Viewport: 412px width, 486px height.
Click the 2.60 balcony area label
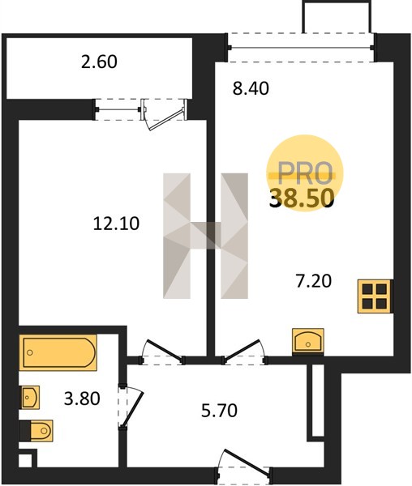click(x=99, y=62)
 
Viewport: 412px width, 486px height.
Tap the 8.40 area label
click(x=251, y=88)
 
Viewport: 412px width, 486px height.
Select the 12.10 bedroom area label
click(x=116, y=224)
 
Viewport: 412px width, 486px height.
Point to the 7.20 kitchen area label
click(x=314, y=281)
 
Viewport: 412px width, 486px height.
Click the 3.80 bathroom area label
click(x=82, y=399)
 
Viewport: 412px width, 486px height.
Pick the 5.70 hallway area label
click(x=219, y=411)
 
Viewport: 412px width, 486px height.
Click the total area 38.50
click(x=302, y=198)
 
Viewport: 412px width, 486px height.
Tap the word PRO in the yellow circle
click(x=305, y=173)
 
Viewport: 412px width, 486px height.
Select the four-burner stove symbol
click(x=375, y=296)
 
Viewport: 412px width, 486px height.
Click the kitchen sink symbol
click(x=308, y=341)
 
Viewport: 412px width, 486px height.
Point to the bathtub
click(x=58, y=352)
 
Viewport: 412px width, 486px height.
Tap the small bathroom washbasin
click(x=29, y=397)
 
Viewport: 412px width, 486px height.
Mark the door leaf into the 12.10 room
click(x=164, y=351)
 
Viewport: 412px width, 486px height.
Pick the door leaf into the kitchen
click(x=242, y=350)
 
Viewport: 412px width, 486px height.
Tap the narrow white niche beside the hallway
click(x=318, y=400)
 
